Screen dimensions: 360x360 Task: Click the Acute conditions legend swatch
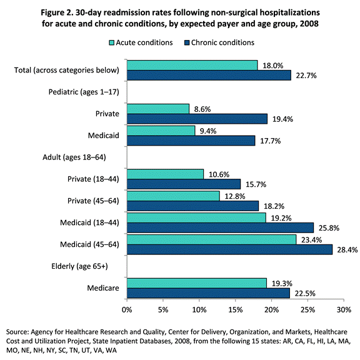(112, 43)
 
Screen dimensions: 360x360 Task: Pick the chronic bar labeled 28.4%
(229, 250)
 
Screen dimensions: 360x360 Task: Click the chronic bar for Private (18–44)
(183, 184)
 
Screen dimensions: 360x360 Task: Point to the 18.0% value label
(271, 65)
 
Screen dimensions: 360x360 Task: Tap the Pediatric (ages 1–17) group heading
(87, 92)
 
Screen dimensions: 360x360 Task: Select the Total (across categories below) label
(68, 70)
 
